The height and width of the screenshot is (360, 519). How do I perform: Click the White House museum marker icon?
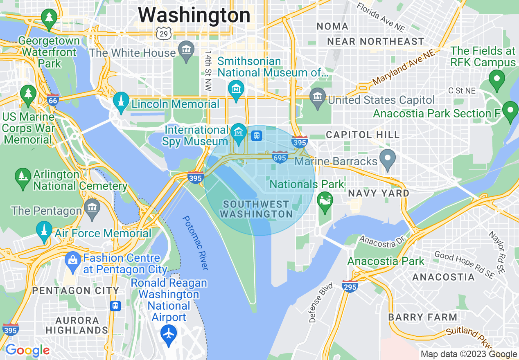(187, 51)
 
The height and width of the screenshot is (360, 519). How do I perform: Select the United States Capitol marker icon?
(318, 98)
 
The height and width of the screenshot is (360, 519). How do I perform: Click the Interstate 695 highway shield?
(280, 157)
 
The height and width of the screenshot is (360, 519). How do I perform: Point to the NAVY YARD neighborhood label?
(379, 193)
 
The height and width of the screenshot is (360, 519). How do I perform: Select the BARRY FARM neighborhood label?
(422, 317)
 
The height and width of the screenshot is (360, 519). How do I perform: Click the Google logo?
(27, 350)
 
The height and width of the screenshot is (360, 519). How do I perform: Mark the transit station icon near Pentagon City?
(116, 306)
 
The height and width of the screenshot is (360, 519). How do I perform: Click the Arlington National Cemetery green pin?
(23, 177)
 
